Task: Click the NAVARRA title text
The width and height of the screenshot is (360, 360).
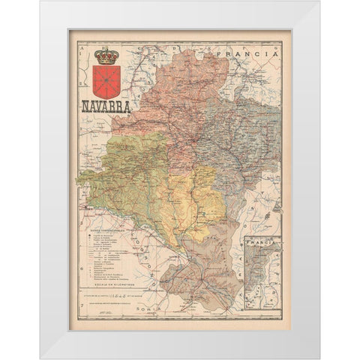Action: click(x=105, y=106)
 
